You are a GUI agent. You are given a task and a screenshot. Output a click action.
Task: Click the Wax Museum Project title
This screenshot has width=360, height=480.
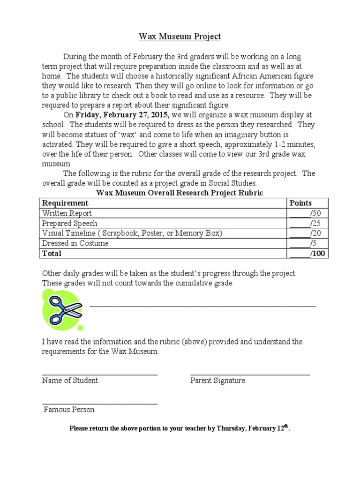[180, 36]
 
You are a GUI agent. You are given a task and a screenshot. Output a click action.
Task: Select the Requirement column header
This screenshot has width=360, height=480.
[65, 203]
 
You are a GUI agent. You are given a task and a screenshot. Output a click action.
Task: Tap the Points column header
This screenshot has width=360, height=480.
[300, 203]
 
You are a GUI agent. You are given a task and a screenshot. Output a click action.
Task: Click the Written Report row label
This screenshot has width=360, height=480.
[67, 213]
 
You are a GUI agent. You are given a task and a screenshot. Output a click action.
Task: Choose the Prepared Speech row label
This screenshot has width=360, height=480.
[70, 223]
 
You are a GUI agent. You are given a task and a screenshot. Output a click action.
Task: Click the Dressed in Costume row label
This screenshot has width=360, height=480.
[75, 243]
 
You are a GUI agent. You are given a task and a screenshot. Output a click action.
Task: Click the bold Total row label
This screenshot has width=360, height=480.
[52, 253]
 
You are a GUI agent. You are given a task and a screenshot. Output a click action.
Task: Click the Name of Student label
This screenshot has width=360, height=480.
[70, 381]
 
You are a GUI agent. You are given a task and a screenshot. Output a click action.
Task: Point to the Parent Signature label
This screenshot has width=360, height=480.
[217, 381]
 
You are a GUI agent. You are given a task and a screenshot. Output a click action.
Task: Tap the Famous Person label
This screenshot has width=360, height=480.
[69, 410]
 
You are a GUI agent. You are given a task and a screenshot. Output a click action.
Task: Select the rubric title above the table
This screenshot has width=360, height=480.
[180, 193]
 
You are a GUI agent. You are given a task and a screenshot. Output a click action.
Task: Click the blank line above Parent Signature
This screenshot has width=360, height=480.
[250, 375]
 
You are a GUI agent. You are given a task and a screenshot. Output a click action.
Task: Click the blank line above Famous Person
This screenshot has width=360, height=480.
[100, 404]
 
